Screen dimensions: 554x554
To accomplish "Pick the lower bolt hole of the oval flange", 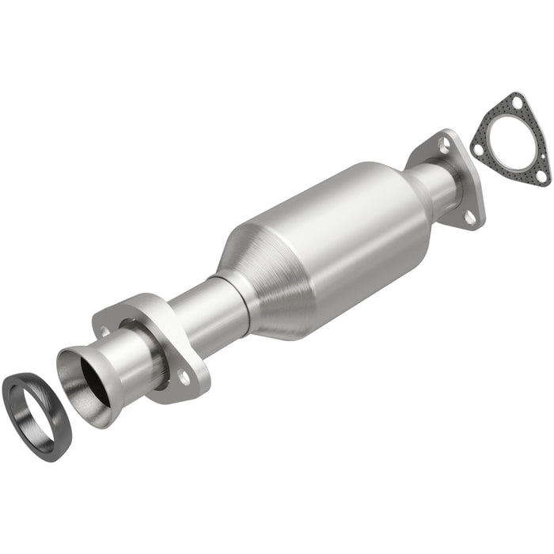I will tap(184, 378).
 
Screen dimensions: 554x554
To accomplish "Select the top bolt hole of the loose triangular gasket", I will tap(515, 102).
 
